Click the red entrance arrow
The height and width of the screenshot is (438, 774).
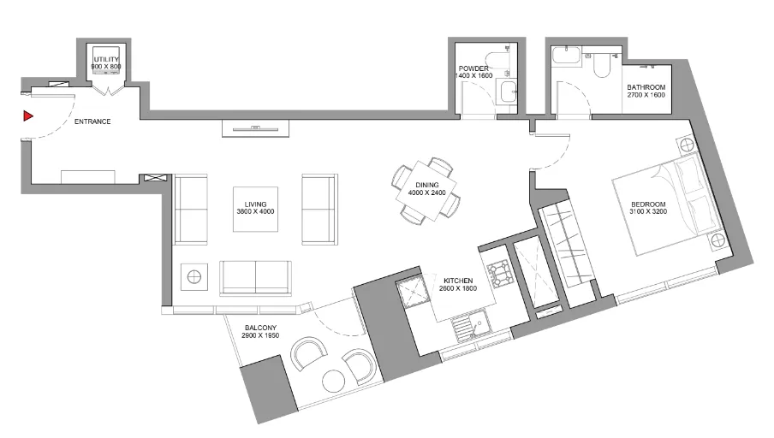28,115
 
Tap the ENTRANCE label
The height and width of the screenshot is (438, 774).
92,121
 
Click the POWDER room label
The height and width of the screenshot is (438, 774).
473,68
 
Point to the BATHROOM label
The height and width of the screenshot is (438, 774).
646,87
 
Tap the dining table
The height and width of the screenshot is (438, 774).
426,192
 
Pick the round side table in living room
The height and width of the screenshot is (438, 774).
195,276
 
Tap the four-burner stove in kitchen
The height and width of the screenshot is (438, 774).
499,275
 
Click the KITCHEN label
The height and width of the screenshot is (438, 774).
458,281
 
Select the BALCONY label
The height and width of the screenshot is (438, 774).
261,328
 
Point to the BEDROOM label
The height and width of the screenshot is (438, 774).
649,205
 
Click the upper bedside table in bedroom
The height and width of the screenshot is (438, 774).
690,146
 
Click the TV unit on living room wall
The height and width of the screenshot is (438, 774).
256,128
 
